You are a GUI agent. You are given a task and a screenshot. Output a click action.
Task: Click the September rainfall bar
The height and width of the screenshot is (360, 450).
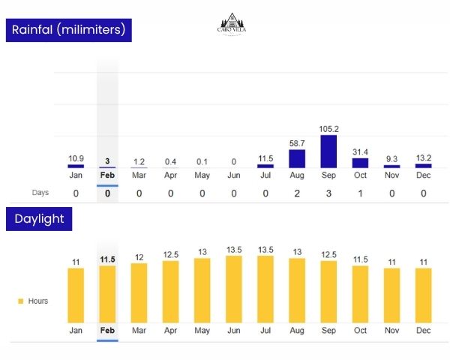pyautogui.click(x=328, y=151)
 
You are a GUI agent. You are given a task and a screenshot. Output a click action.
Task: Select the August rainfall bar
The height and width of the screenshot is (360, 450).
pyautogui.click(x=297, y=158)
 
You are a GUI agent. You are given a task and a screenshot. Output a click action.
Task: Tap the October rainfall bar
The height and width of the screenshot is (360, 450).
pyautogui.click(x=360, y=163)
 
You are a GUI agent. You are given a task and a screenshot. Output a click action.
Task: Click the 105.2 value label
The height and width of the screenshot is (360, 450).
pyautogui.click(x=328, y=129)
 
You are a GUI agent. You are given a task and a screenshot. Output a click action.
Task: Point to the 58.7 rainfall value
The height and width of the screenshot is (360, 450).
pyautogui.click(x=297, y=142)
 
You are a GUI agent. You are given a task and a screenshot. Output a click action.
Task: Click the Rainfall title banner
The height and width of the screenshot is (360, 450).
pyautogui.click(x=68, y=31)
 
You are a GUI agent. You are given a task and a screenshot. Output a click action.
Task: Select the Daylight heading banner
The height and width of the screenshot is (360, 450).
pyautogui.click(x=38, y=219)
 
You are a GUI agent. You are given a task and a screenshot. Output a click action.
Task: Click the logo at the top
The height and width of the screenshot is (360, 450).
pyautogui.click(x=235, y=26)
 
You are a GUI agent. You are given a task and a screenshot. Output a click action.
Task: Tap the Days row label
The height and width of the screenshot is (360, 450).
pyautogui.click(x=40, y=193)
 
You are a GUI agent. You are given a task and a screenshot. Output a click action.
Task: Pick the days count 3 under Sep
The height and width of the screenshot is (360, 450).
pyautogui.click(x=328, y=193)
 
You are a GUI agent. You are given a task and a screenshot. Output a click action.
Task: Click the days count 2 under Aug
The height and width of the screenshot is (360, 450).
pyautogui.click(x=297, y=193)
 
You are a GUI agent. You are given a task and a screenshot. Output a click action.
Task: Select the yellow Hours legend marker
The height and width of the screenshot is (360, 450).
pyautogui.click(x=20, y=301)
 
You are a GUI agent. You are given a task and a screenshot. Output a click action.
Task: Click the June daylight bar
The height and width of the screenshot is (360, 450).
pyautogui.click(x=234, y=289)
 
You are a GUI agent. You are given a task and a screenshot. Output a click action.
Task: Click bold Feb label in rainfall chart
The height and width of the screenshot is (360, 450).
pyautogui.click(x=107, y=175)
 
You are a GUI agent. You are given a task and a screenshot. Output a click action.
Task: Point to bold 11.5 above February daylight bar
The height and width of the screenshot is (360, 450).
pyautogui.click(x=107, y=259)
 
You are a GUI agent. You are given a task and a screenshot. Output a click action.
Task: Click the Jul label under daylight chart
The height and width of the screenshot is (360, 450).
pyautogui.click(x=265, y=330)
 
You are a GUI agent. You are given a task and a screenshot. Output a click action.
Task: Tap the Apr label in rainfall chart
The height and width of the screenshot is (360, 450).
pyautogui.click(x=171, y=175)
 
